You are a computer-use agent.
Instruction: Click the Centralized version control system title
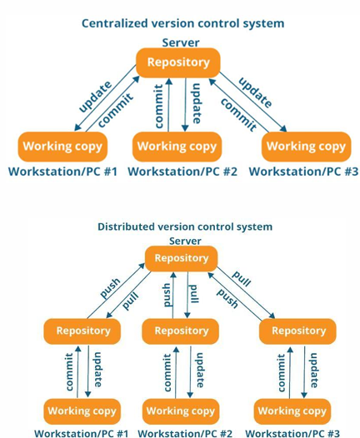(183, 23)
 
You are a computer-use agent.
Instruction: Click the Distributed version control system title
(185, 226)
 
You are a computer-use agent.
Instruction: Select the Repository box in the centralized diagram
(178, 62)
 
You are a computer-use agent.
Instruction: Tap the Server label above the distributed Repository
(185, 241)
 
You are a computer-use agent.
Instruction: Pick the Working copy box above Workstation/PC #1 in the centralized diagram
(62, 147)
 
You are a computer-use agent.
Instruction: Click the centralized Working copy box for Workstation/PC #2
(177, 147)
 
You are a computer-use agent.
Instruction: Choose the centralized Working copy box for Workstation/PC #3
(306, 147)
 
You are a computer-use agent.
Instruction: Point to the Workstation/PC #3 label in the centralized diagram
(303, 172)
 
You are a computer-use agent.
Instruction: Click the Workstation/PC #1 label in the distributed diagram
(82, 433)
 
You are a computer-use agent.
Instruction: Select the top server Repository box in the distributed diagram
(182, 258)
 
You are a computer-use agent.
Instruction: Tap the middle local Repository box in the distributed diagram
(181, 331)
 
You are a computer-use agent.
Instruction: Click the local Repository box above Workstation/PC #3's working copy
(298, 331)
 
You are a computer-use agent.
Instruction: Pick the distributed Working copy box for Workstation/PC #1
(82, 411)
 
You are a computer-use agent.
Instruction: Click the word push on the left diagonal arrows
(111, 288)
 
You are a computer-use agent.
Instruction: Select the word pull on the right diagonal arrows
(242, 278)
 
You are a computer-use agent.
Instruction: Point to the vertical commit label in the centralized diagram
(158, 106)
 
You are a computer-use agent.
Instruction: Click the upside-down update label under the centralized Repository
(197, 103)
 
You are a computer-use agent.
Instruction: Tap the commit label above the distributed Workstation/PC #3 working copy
(282, 372)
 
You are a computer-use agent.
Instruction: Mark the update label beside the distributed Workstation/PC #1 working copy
(97, 370)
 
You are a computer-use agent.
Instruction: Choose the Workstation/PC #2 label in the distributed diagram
(185, 433)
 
